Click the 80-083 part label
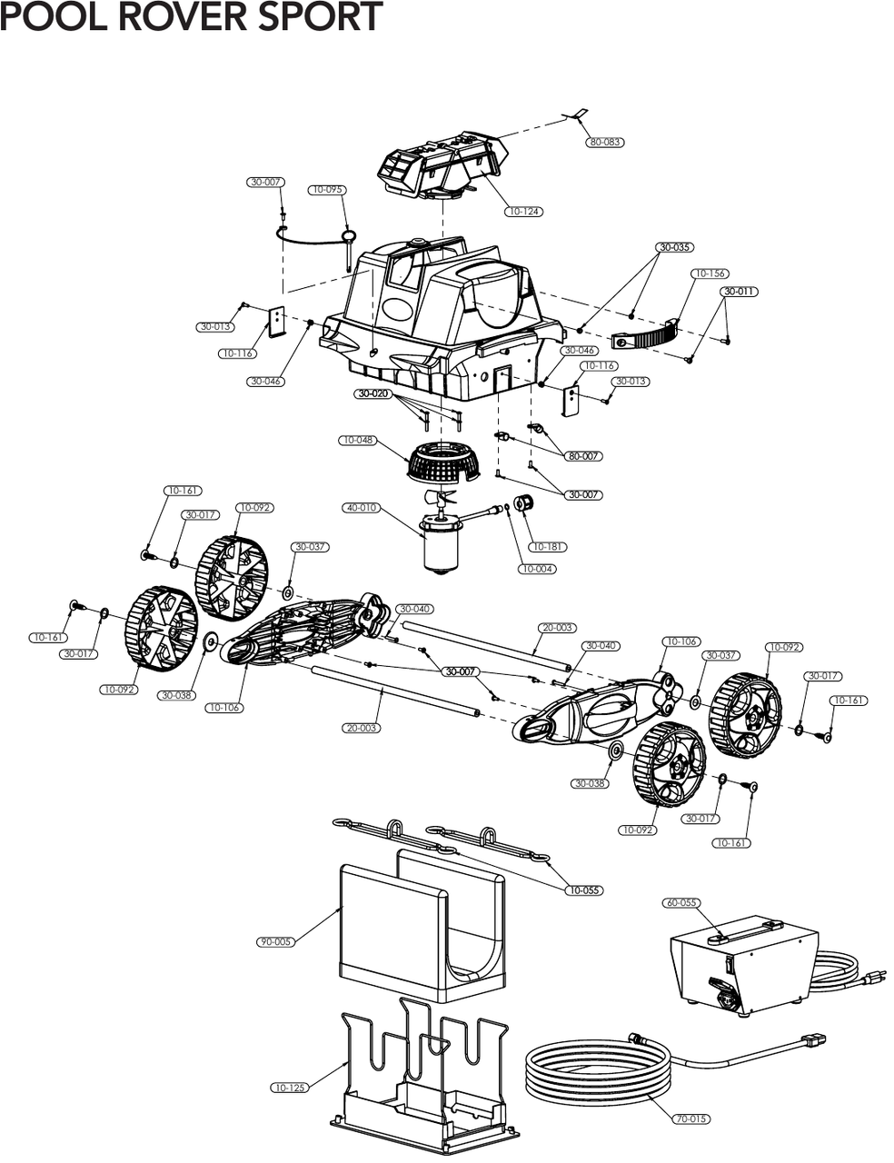[x=606, y=143]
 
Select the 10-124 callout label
[x=524, y=212]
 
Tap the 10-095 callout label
[x=326, y=190]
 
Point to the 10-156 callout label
[x=710, y=273]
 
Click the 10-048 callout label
[x=358, y=441]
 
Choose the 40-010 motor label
[x=360, y=508]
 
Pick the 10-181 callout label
[x=549, y=547]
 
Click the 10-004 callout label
[x=537, y=569]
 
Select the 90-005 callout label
[x=275, y=942]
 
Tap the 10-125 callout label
[x=289, y=1088]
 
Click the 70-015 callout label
[x=691, y=1119]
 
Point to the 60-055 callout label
[x=682, y=903]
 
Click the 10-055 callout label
[x=583, y=890]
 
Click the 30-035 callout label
[x=675, y=247]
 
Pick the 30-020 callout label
[x=373, y=394]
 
